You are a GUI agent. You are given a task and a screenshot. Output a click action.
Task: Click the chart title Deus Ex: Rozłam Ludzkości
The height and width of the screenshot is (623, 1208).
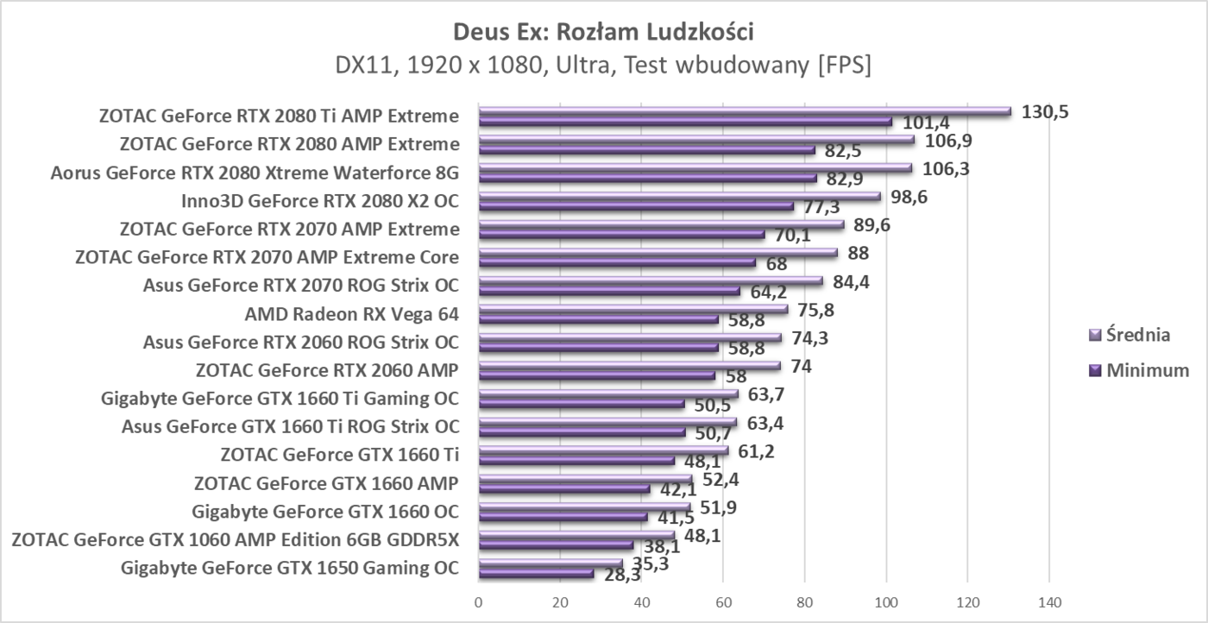click(603, 33)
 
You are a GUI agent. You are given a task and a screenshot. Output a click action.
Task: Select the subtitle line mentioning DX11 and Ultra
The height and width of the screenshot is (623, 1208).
click(603, 66)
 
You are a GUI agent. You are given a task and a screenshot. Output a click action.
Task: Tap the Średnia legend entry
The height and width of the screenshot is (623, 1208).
click(1138, 335)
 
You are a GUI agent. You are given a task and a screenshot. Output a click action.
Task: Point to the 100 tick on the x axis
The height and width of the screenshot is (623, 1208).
click(886, 602)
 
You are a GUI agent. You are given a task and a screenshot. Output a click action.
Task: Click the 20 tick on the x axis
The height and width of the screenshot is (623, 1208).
click(560, 602)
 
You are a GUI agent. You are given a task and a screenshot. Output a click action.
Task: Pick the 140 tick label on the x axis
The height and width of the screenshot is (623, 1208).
click(1049, 602)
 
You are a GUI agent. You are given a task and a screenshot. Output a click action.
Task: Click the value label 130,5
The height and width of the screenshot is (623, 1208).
click(1044, 111)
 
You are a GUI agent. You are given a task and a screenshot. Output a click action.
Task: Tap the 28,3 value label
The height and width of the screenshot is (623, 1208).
click(622, 576)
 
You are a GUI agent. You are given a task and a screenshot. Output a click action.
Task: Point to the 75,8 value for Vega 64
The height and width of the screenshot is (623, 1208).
click(815, 310)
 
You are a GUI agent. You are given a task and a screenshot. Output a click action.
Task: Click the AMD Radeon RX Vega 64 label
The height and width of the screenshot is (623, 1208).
click(351, 314)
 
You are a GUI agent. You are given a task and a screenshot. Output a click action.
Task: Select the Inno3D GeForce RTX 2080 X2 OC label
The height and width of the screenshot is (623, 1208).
click(319, 201)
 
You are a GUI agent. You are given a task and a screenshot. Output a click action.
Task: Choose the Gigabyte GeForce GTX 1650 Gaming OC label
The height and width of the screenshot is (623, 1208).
click(290, 569)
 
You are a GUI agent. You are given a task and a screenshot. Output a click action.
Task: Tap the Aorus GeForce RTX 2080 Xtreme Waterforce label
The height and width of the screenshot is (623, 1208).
click(255, 173)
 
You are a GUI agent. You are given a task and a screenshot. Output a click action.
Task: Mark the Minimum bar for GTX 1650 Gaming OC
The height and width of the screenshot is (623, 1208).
click(536, 574)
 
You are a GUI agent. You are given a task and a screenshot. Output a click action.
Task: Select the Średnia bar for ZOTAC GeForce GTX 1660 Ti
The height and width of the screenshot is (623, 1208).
click(603, 450)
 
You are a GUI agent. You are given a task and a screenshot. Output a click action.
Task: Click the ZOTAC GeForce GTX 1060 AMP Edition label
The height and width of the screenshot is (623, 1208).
click(235, 541)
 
